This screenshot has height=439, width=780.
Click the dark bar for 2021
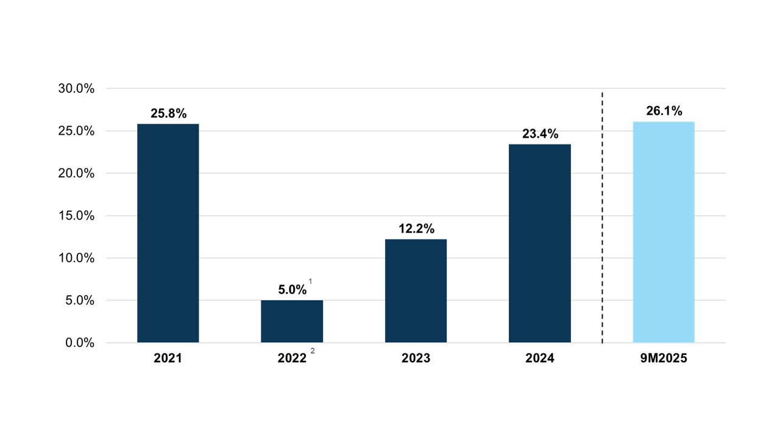click(x=168, y=233)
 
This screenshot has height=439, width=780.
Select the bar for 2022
click(x=292, y=321)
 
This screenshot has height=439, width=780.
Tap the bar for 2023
click(x=416, y=291)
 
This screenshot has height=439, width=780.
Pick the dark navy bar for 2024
click(x=539, y=243)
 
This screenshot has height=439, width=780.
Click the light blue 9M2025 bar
click(x=664, y=232)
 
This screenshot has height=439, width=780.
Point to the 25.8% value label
click(x=168, y=113)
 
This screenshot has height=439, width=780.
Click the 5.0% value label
click(x=292, y=290)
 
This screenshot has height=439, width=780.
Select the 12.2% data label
click(x=416, y=229)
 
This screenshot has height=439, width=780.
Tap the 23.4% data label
click(x=540, y=134)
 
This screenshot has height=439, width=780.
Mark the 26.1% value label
click(x=664, y=111)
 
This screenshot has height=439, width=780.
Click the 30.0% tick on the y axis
click(x=76, y=89)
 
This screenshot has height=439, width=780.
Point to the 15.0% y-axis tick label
click(x=76, y=216)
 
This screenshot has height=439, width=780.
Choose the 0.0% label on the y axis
click(x=80, y=343)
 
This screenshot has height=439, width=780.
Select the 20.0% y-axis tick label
click(x=76, y=174)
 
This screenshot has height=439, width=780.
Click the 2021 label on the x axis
click(x=168, y=359)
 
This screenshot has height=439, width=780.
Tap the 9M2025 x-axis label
click(x=664, y=359)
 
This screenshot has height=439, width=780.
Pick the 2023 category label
click(x=416, y=359)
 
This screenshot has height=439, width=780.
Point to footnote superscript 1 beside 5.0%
click(x=310, y=281)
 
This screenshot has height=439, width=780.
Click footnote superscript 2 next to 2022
click(x=313, y=351)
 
